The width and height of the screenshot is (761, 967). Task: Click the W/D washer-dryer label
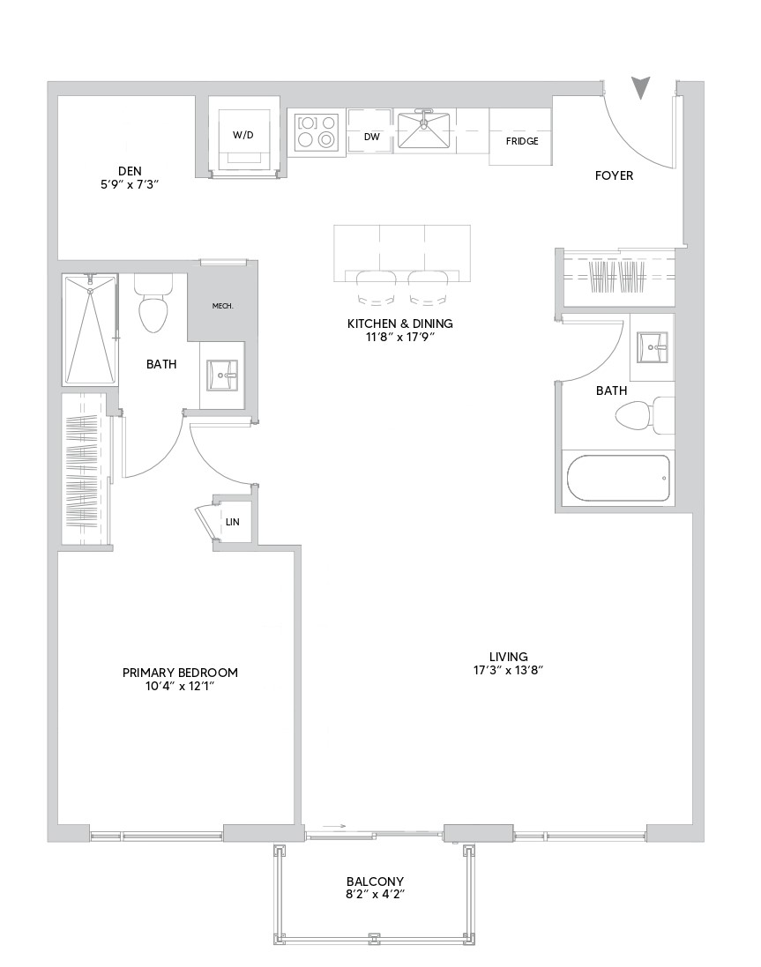tap(242, 135)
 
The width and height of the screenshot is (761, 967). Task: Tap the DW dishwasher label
tap(371, 137)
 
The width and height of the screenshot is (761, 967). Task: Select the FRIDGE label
tap(521, 141)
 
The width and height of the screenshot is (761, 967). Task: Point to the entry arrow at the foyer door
tap(642, 87)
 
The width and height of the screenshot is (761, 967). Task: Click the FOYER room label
tap(614, 176)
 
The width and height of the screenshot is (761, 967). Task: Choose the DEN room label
tap(131, 171)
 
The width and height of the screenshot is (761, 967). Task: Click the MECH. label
tap(222, 306)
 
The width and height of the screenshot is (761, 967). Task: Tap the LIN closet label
tap(233, 522)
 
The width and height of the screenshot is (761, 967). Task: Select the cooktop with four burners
tap(317, 131)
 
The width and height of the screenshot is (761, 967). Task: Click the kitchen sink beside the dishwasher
tap(424, 130)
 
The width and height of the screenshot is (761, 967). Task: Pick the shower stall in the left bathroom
tap(89, 329)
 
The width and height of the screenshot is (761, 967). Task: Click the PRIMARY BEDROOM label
tap(180, 673)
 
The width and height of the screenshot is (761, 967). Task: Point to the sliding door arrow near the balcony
tap(335, 826)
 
